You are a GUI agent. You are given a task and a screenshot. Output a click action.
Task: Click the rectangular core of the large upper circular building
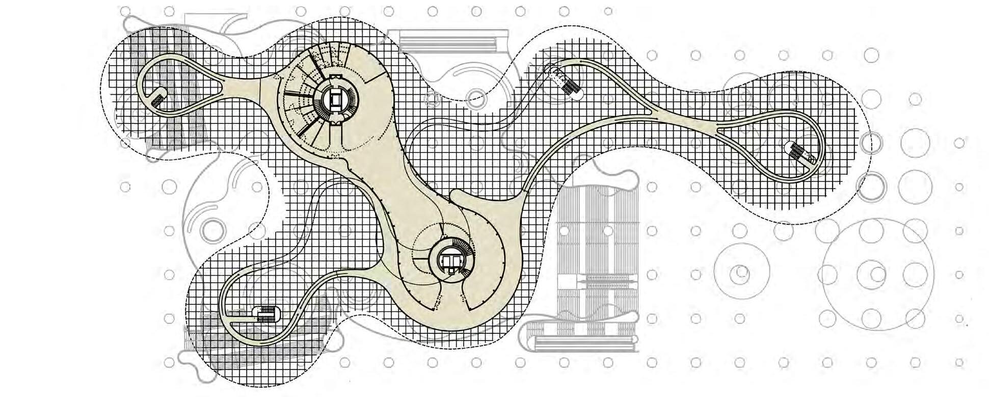(x=335, y=99)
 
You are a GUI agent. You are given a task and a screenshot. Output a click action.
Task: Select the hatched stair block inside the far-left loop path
(x=158, y=98)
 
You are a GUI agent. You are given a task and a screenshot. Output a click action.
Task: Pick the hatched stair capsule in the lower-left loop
(x=266, y=314)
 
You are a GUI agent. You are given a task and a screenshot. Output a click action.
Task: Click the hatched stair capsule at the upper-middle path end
(x=572, y=89)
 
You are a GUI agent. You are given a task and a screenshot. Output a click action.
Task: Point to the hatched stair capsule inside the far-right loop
(x=800, y=152)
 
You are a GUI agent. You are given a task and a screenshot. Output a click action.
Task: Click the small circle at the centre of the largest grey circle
(x=877, y=274)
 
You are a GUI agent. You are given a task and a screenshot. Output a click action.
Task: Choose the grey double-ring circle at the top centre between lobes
(x=476, y=98)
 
